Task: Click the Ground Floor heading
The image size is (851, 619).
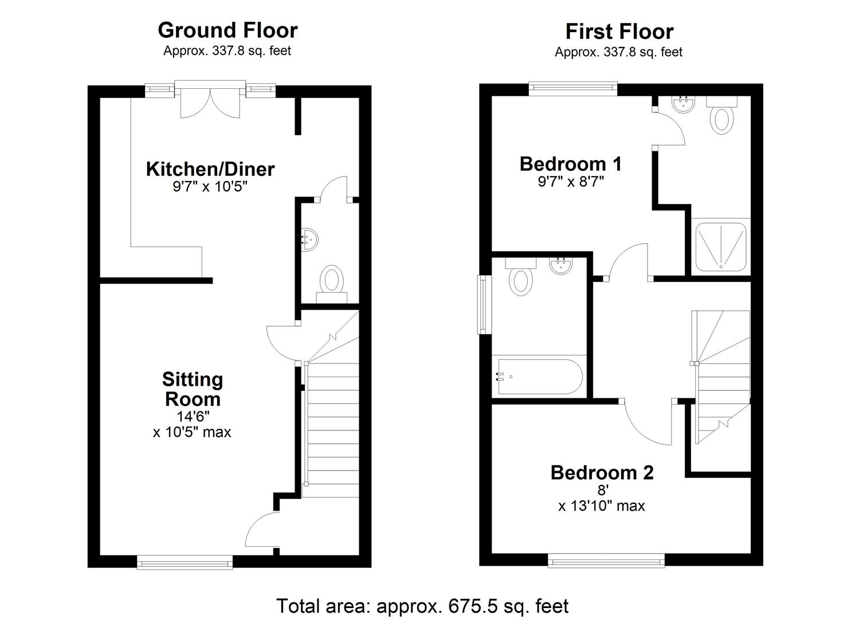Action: pos(228,30)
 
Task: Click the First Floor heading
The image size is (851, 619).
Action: pos(619,32)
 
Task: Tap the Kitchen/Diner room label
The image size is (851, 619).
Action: pos(210,169)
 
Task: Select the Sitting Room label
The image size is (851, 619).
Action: pos(192,389)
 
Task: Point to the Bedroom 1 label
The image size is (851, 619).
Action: pos(570,164)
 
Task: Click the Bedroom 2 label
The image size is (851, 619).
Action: pos(602,473)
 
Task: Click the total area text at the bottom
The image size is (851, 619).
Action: pos(422,606)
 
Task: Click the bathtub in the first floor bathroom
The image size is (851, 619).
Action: pos(539,377)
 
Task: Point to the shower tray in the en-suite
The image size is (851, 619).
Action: pos(721,247)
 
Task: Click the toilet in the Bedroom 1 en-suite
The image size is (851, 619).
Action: pos(722,117)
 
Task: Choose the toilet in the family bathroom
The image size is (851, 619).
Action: pos(520,278)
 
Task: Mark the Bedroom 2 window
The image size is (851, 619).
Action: pos(606,561)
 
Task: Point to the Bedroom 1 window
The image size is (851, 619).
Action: pos(572,88)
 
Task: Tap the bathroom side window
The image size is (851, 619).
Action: pos(484,304)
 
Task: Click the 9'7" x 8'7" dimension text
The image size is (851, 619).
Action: pos(570,182)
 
